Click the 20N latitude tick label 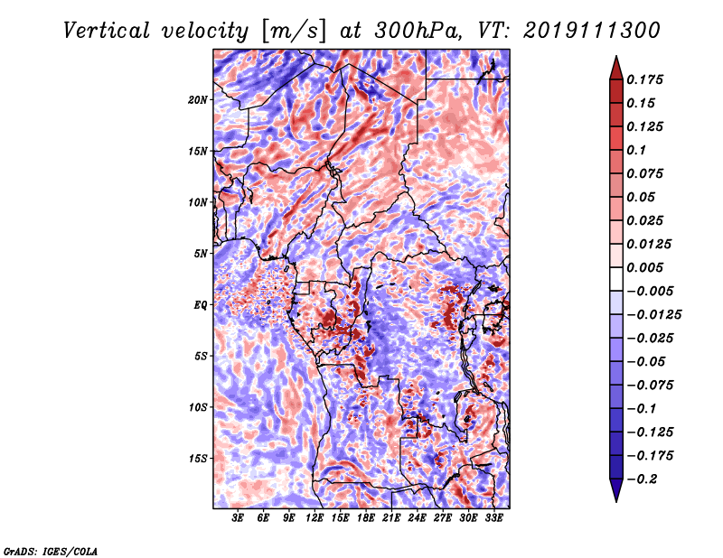[197, 100]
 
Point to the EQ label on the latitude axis [200, 305]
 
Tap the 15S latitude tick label [197, 459]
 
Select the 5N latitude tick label [200, 254]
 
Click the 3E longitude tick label [237, 518]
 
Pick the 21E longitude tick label [390, 518]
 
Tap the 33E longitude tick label [493, 518]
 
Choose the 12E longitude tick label [314, 518]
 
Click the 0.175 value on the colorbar [644, 79]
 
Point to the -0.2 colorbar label [642, 479]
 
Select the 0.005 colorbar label [644, 267]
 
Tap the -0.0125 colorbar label [653, 315]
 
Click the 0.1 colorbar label [636, 150]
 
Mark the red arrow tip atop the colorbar [616, 56]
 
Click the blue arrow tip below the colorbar [616, 501]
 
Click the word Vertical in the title [107, 31]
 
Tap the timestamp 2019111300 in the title [592, 31]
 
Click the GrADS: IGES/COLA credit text [51, 552]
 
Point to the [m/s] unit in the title [293, 32]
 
